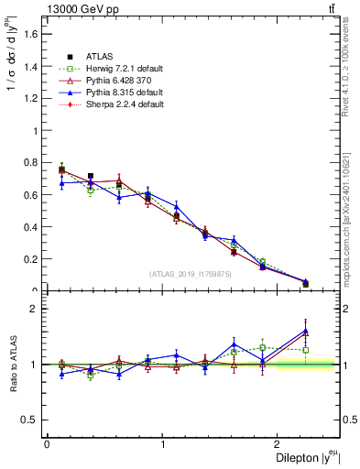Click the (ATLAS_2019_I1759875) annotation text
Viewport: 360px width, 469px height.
[x=191, y=273]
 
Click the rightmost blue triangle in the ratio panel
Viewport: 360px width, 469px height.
[x=305, y=331]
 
